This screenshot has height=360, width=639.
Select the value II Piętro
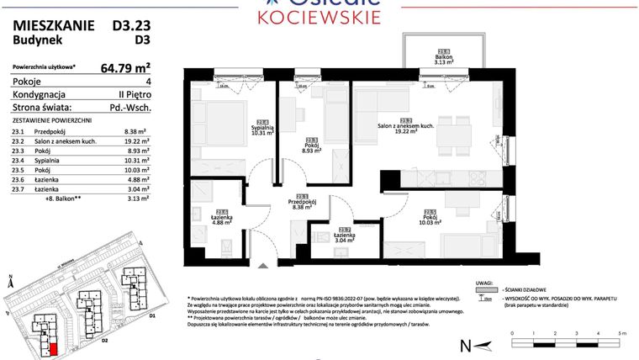133,95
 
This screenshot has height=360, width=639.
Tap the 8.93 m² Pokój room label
312,148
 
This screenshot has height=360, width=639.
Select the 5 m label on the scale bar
621,333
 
